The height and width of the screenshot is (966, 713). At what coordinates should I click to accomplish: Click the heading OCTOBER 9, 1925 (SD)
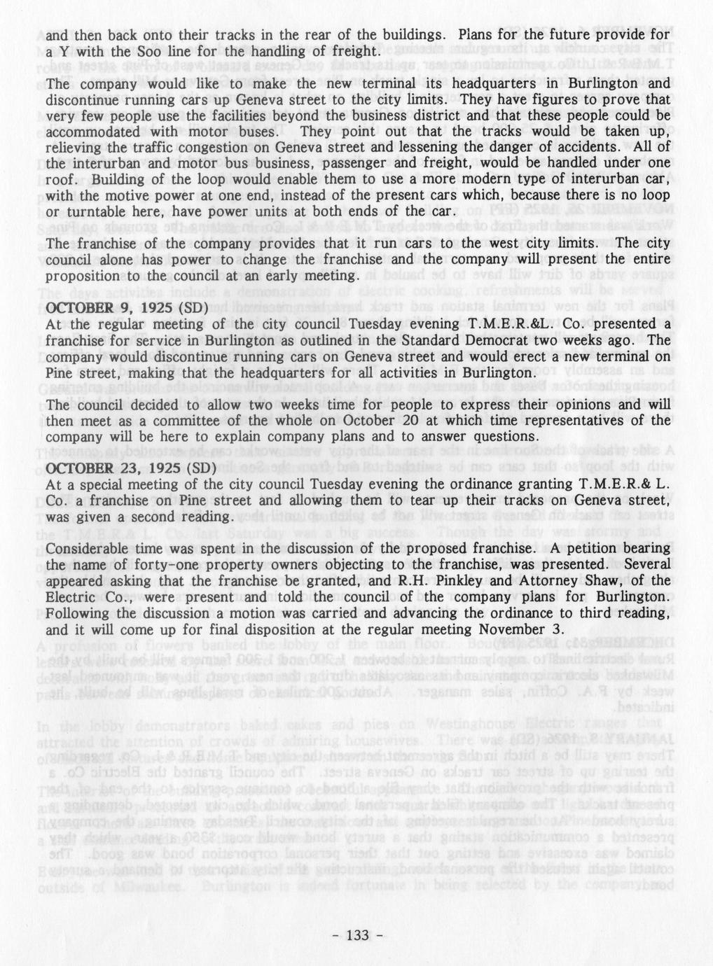pos(127,307)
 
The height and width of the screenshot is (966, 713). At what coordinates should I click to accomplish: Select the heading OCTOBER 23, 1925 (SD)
pos(130,468)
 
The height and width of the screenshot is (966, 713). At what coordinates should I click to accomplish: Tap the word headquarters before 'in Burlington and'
pos(497,83)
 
